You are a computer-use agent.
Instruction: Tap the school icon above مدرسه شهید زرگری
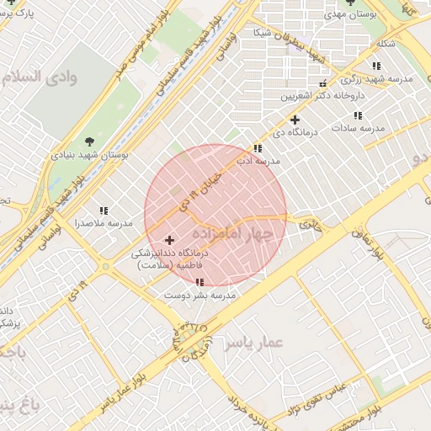pyautogui.click(x=376, y=65)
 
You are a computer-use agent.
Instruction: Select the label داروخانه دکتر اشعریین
pyautogui.click(x=316, y=96)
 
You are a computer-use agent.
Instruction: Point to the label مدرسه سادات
pyautogui.click(x=358, y=128)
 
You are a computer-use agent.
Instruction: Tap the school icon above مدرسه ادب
pyautogui.click(x=257, y=148)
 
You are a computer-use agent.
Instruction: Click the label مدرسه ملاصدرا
pyautogui.click(x=104, y=223)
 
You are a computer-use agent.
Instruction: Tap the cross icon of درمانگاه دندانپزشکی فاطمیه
pyautogui.click(x=168, y=241)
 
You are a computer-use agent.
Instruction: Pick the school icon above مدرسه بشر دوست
pyautogui.click(x=200, y=283)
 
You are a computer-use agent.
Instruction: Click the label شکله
pyautogui.click(x=386, y=44)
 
